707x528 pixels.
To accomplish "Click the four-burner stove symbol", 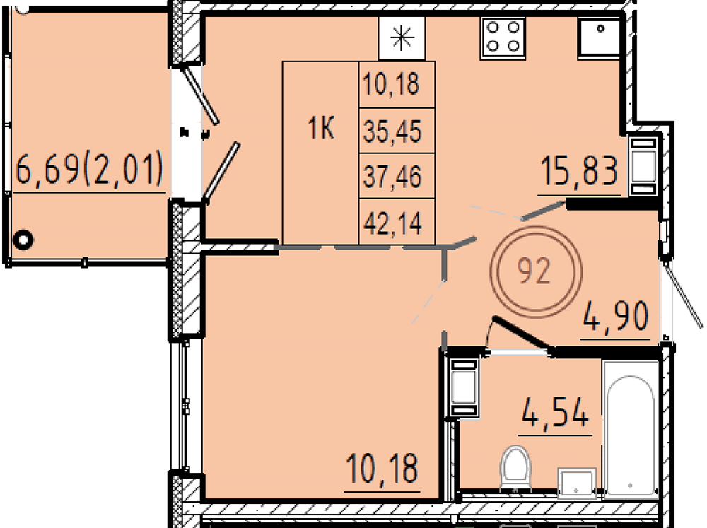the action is (503, 38).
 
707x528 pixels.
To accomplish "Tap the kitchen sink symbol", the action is (600, 38).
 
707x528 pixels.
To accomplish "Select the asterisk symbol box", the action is (402, 38).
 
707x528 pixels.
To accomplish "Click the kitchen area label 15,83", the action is (579, 170).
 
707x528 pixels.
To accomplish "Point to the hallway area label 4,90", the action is (616, 317).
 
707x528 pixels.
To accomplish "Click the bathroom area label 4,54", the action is (555, 413).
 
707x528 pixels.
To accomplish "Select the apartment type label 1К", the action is (320, 128).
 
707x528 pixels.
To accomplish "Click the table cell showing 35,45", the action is (392, 131).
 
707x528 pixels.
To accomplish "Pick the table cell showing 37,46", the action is (392, 176).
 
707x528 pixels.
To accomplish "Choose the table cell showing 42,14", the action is (392, 222).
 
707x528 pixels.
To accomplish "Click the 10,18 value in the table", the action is (392, 84).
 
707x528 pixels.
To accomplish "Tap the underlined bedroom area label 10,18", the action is (382, 469).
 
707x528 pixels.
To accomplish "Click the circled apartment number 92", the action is (536, 272).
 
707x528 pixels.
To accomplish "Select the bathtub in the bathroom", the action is (631, 429).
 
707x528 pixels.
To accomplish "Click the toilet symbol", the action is (516, 467).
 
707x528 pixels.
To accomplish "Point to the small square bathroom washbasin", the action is (577, 483).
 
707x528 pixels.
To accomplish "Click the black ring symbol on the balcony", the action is (23, 239).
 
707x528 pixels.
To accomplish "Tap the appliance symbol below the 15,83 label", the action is (643, 165).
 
